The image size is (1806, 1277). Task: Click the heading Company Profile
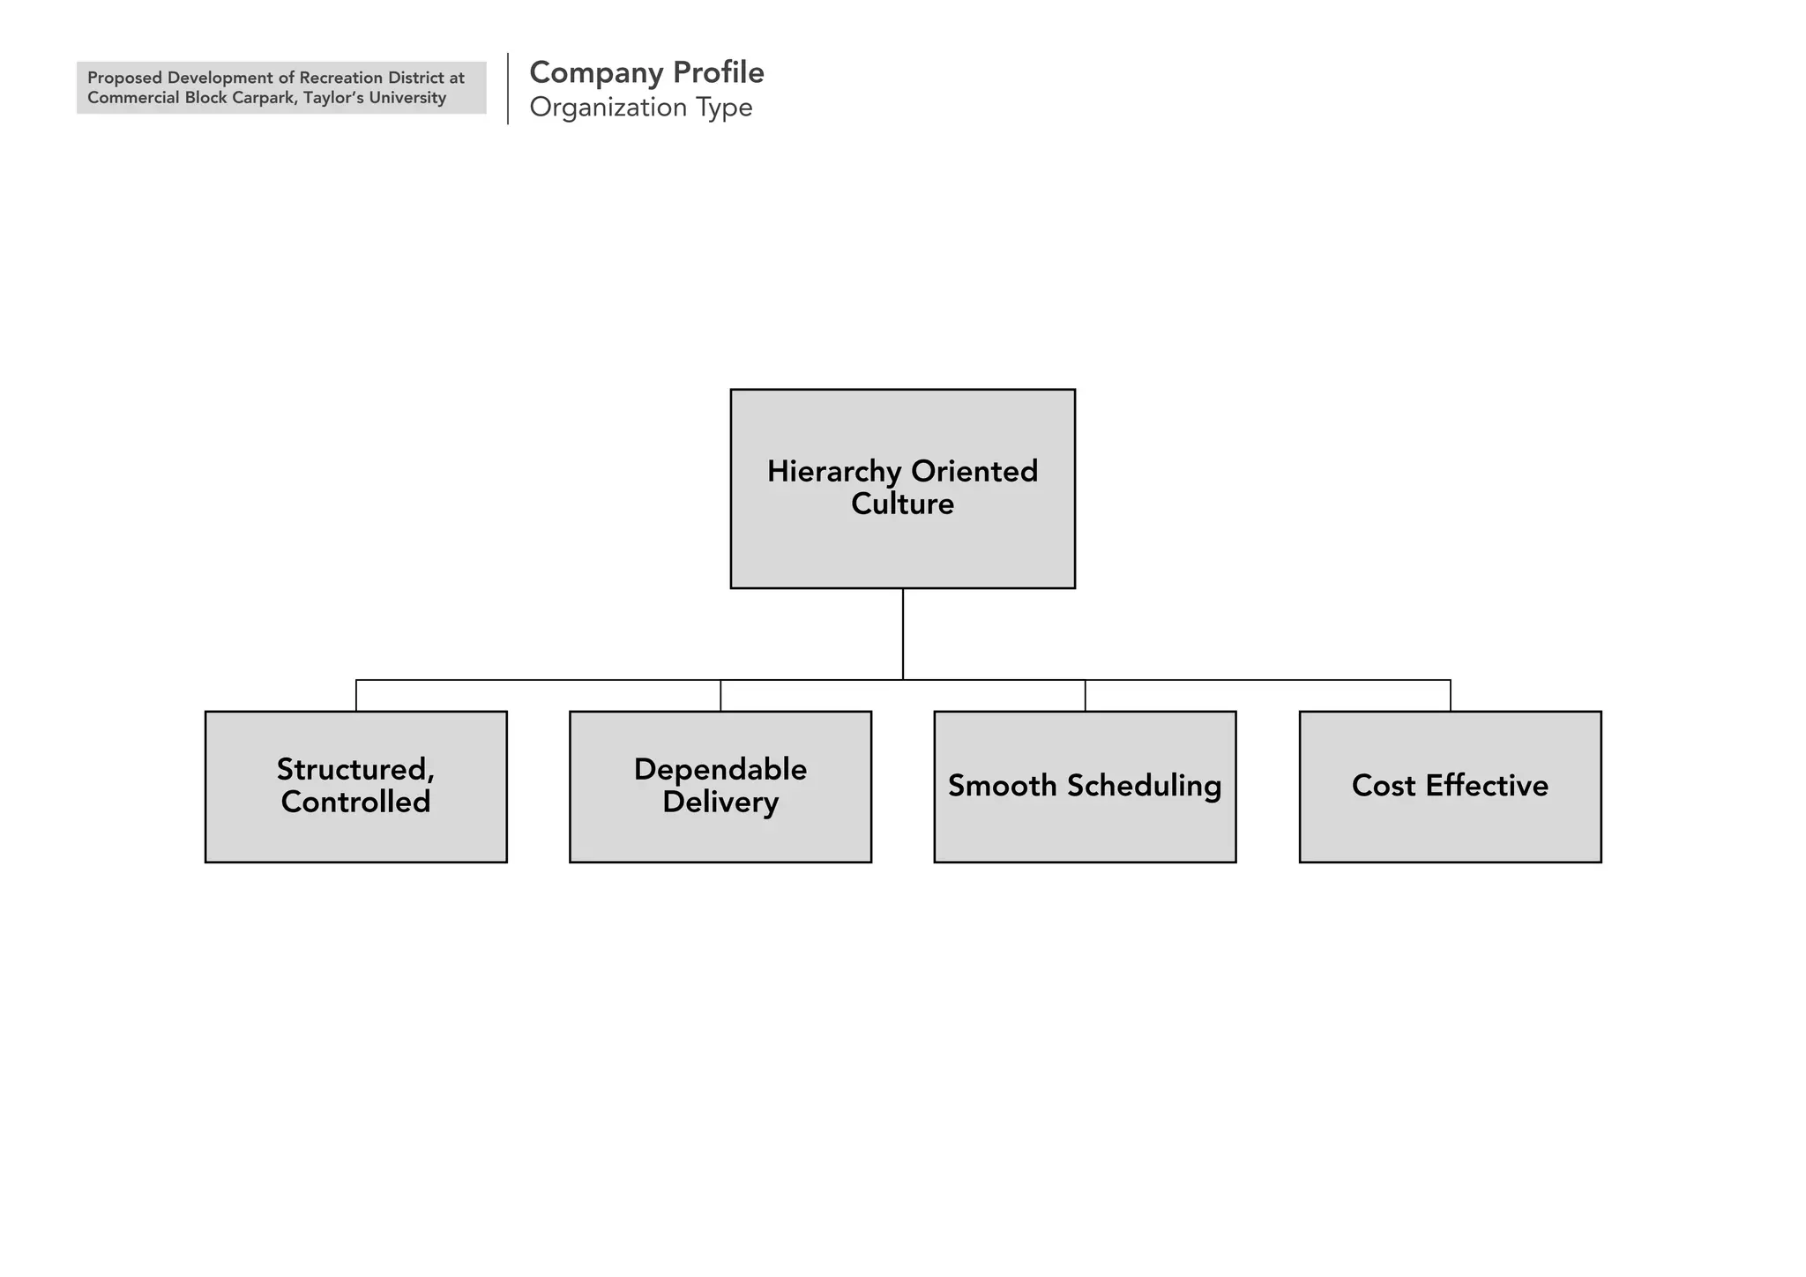point(646,72)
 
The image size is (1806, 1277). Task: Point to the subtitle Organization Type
point(640,108)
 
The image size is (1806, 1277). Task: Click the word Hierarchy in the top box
point(834,472)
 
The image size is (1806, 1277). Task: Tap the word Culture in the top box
point(902,504)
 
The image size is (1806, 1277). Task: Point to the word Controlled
point(355,802)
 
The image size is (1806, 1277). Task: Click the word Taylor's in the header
point(332,98)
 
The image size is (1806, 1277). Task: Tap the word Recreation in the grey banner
point(341,78)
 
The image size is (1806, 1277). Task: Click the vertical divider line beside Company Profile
point(508,88)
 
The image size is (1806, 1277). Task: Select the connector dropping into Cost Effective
point(1450,696)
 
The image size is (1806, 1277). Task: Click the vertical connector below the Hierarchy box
point(902,633)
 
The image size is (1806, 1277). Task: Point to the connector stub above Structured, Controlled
point(356,696)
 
